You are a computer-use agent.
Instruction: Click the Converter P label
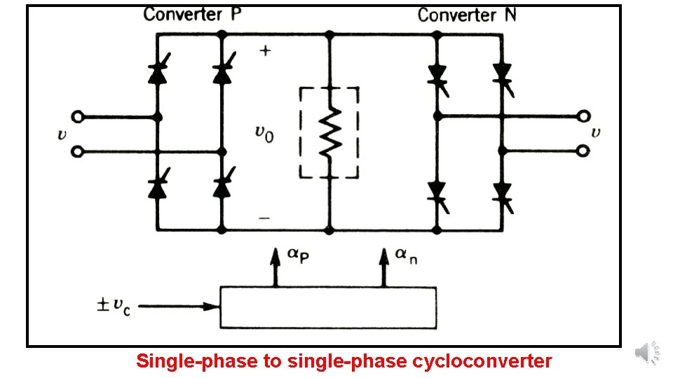pyautogui.click(x=193, y=15)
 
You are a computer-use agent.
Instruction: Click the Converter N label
pyautogui.click(x=467, y=15)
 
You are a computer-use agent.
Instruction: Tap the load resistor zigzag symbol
pyautogui.click(x=329, y=132)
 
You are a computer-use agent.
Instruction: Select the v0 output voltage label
pyautogui.click(x=264, y=132)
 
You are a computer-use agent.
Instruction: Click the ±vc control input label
pyautogui.click(x=115, y=306)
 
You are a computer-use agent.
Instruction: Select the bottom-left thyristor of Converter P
pyautogui.click(x=158, y=188)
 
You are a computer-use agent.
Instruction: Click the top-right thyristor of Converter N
pyautogui.click(x=501, y=72)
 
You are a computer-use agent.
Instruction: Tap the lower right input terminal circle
pyautogui.click(x=581, y=150)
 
